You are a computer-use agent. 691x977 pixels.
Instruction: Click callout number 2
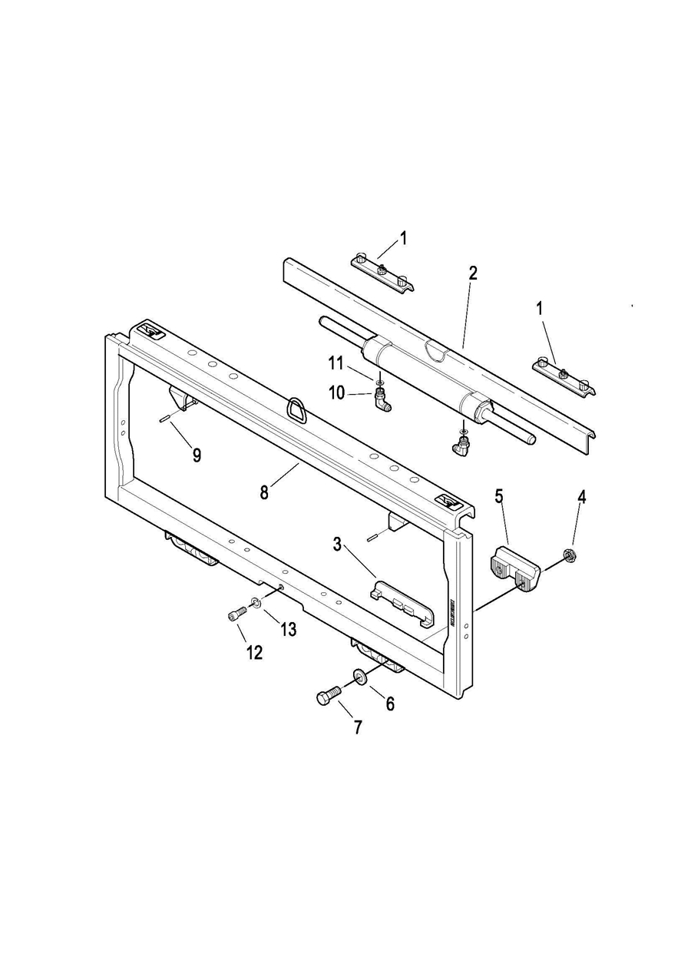pyautogui.click(x=473, y=273)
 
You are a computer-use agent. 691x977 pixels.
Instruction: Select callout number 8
pyautogui.click(x=264, y=492)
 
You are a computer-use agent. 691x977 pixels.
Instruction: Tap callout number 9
pyautogui.click(x=197, y=455)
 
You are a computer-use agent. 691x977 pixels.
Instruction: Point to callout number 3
pyautogui.click(x=337, y=545)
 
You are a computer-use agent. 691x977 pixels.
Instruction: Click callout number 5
pyautogui.click(x=499, y=496)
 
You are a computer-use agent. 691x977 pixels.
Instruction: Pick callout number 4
pyautogui.click(x=581, y=497)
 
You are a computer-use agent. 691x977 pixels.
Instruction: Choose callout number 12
pyautogui.click(x=254, y=652)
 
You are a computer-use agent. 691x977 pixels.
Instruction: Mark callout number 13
pyautogui.click(x=288, y=630)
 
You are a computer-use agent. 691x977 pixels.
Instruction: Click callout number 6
pyautogui.click(x=390, y=704)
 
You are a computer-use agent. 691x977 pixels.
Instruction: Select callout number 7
pyautogui.click(x=358, y=727)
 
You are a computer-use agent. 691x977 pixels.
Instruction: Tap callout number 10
pyautogui.click(x=337, y=393)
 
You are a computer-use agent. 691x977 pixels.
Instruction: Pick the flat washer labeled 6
pyautogui.click(x=359, y=676)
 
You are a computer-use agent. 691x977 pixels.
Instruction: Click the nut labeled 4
pyautogui.click(x=570, y=554)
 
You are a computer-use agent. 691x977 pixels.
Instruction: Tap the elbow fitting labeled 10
pyautogui.click(x=380, y=398)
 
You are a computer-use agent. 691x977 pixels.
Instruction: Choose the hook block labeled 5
pyautogui.click(x=514, y=568)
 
